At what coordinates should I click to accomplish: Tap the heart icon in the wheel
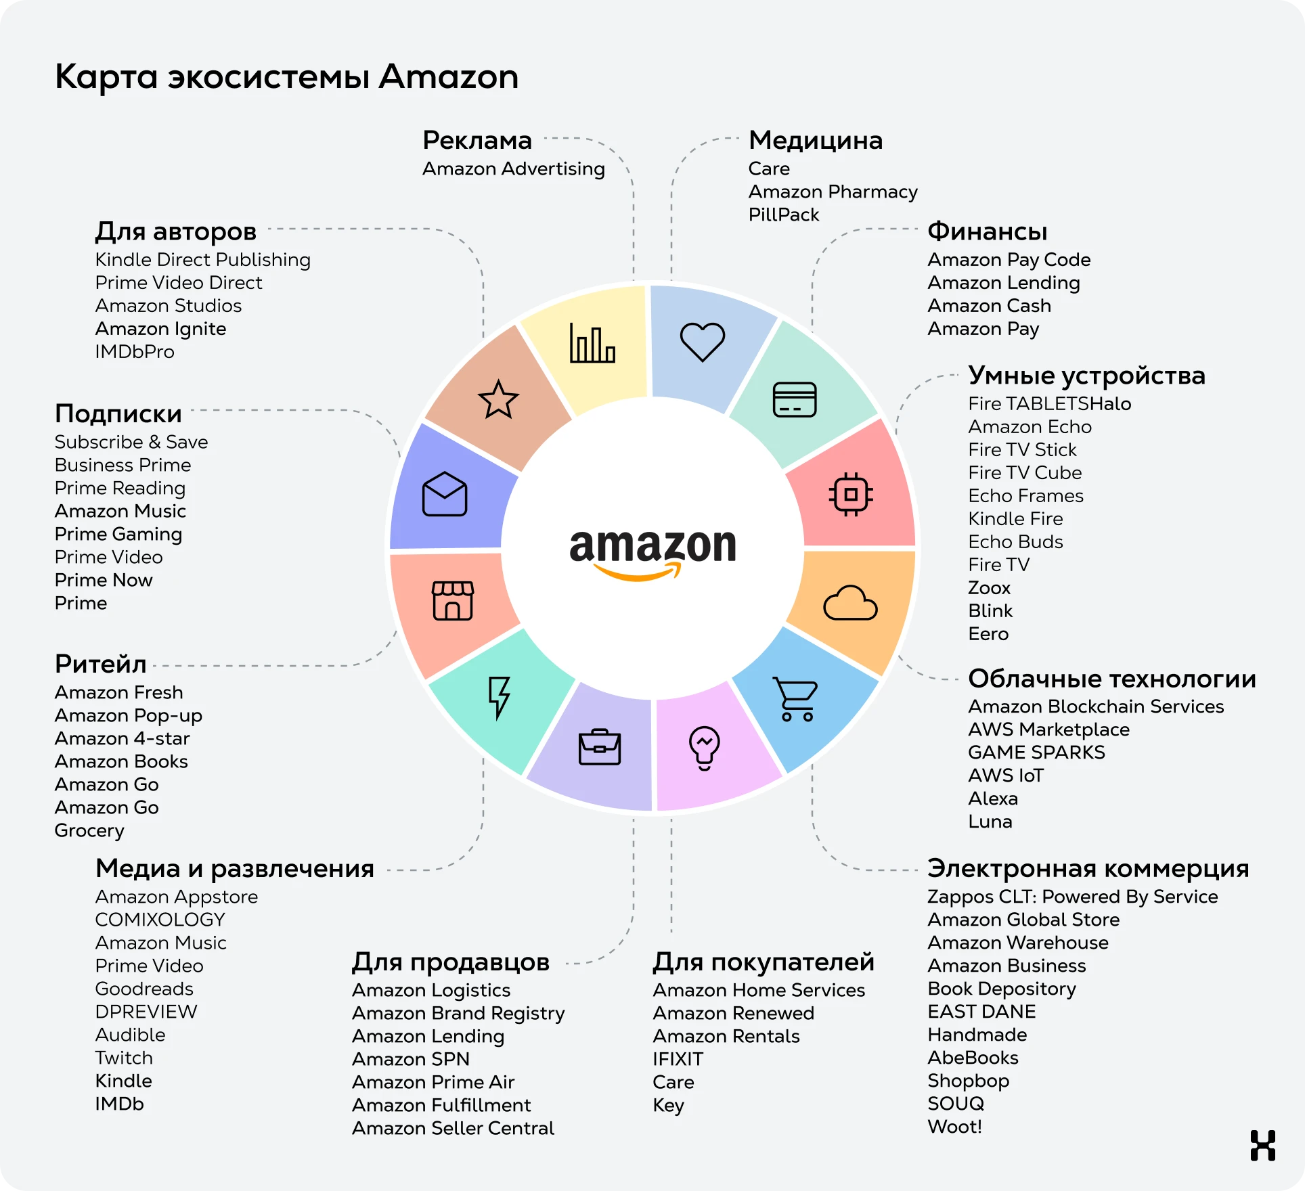(x=703, y=341)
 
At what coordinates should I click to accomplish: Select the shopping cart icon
(x=795, y=699)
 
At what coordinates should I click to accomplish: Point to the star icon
(x=498, y=399)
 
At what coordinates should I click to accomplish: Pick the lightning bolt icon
(x=500, y=697)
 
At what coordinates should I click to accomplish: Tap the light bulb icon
(x=704, y=748)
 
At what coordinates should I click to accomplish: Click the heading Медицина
(x=816, y=141)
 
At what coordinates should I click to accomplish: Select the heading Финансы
(x=987, y=231)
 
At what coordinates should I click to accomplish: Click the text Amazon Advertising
(x=513, y=168)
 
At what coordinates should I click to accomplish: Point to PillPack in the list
(x=783, y=215)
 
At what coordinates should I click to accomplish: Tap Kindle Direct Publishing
(x=202, y=260)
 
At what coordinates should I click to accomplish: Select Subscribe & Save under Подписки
(x=131, y=442)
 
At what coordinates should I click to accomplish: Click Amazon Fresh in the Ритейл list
(x=118, y=692)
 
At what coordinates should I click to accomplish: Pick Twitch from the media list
(x=124, y=1058)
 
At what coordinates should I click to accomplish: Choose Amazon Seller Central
(x=453, y=1128)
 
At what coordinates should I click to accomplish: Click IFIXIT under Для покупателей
(x=678, y=1059)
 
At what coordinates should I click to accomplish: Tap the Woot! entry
(x=954, y=1127)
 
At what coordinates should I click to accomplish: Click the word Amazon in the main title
(x=448, y=76)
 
